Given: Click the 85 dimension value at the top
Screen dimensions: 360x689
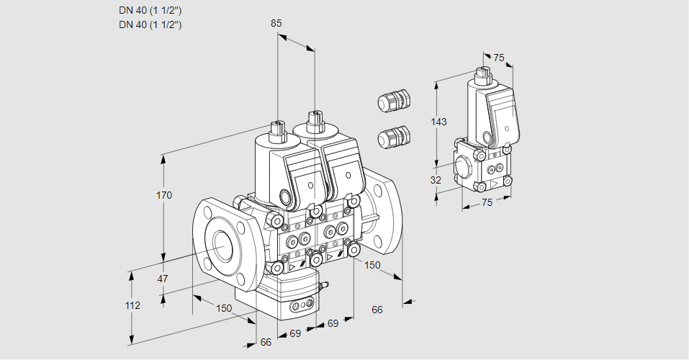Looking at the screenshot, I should coord(276,23).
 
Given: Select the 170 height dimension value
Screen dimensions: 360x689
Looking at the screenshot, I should coord(164,195).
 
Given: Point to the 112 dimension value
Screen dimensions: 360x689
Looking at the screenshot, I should coord(132,305).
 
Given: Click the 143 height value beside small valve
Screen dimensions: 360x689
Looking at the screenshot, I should coord(438,122).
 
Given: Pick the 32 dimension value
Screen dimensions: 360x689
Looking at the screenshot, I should coord(436,180).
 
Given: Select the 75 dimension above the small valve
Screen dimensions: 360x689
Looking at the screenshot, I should coord(499,58).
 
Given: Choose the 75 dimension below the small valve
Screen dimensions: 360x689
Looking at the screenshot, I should coord(487,202).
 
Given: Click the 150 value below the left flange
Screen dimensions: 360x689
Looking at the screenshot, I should coord(225,308).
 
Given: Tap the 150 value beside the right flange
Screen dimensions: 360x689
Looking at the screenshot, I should coord(372,265).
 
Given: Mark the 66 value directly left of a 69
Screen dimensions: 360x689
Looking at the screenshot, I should coord(266,342).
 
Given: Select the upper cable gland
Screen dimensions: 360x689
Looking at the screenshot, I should coord(393,100).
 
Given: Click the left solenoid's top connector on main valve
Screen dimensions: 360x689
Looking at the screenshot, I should coord(277,131).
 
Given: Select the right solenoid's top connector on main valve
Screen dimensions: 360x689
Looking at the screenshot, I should coord(314,120).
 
